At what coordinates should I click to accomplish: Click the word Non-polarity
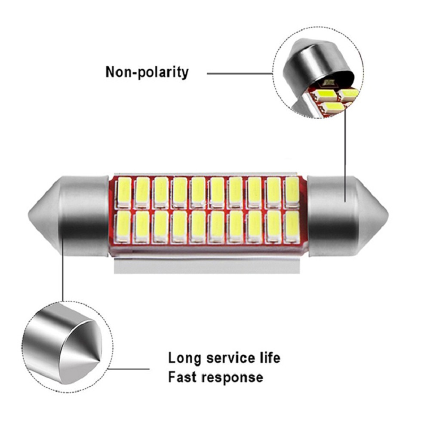[147, 71]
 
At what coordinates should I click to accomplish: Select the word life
[270, 358]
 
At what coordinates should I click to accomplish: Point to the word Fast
[183, 378]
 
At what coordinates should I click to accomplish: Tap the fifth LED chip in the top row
[198, 190]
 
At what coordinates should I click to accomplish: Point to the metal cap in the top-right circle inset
[316, 64]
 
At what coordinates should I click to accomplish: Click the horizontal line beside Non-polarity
[239, 73]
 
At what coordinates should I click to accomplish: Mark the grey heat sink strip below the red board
[206, 267]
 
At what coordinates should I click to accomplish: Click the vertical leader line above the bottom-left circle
[63, 271]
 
